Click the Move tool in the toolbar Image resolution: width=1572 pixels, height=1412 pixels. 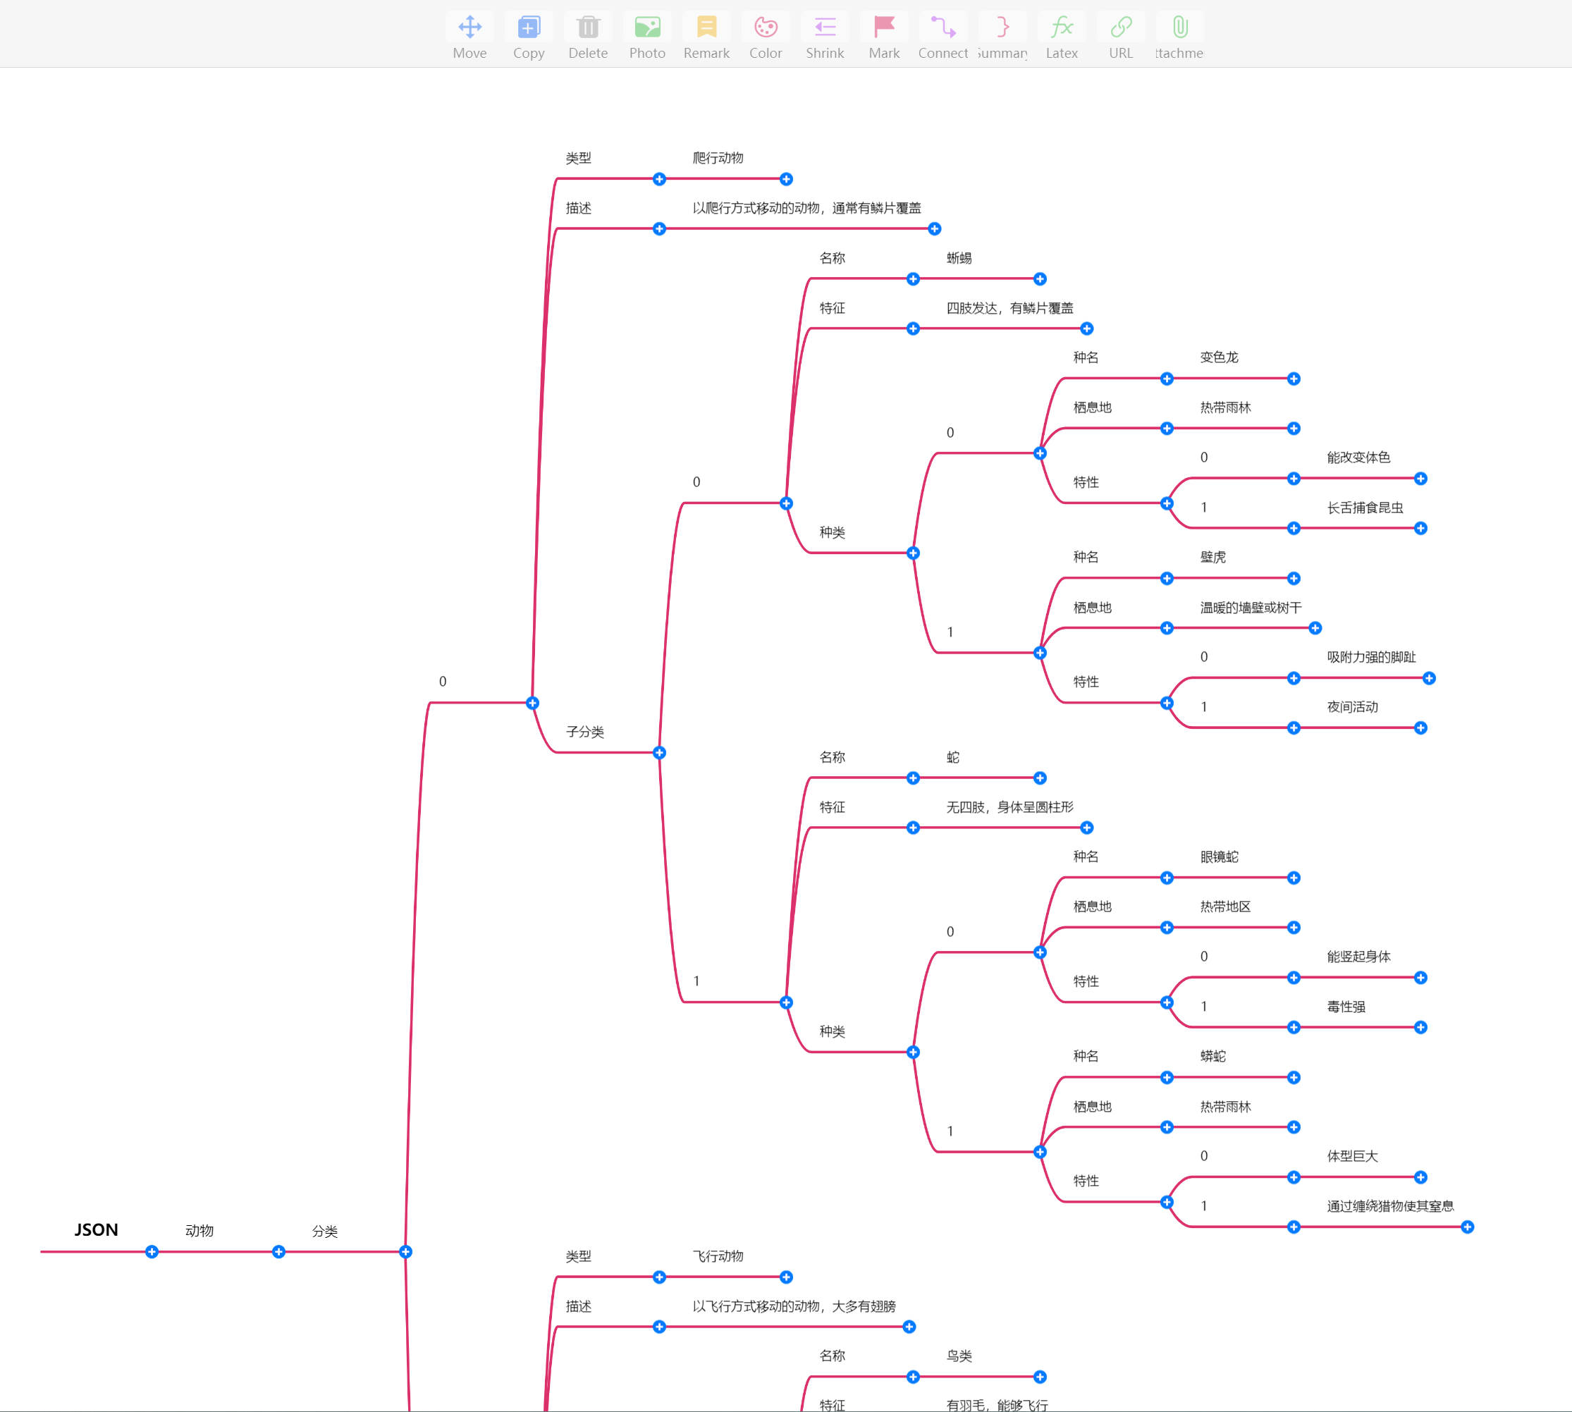(x=469, y=28)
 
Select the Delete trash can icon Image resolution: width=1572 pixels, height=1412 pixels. (x=587, y=28)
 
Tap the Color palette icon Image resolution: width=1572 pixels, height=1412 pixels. (x=765, y=28)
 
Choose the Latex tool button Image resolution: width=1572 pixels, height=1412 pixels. (x=1062, y=28)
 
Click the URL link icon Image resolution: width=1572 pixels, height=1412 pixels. (x=1120, y=28)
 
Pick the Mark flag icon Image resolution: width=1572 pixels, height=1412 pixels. (x=884, y=28)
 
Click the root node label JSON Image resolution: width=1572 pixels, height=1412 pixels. (x=96, y=1229)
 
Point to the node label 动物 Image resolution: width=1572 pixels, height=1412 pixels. (x=199, y=1230)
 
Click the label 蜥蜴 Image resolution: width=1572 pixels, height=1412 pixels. (x=959, y=258)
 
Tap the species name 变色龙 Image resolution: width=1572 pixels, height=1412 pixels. (x=1219, y=357)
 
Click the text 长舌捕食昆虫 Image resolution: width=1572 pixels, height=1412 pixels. (x=1365, y=508)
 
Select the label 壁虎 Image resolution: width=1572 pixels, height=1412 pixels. (x=1212, y=557)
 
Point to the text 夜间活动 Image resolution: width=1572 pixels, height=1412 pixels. (x=1353, y=707)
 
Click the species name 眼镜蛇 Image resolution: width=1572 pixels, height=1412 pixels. (x=1219, y=857)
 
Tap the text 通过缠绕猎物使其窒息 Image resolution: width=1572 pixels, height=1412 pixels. (x=1389, y=1206)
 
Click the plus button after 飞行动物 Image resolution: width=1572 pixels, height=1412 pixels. (x=786, y=1277)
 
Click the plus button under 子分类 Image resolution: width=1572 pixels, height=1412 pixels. (x=660, y=753)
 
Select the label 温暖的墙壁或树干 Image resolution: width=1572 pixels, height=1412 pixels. (x=1251, y=608)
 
